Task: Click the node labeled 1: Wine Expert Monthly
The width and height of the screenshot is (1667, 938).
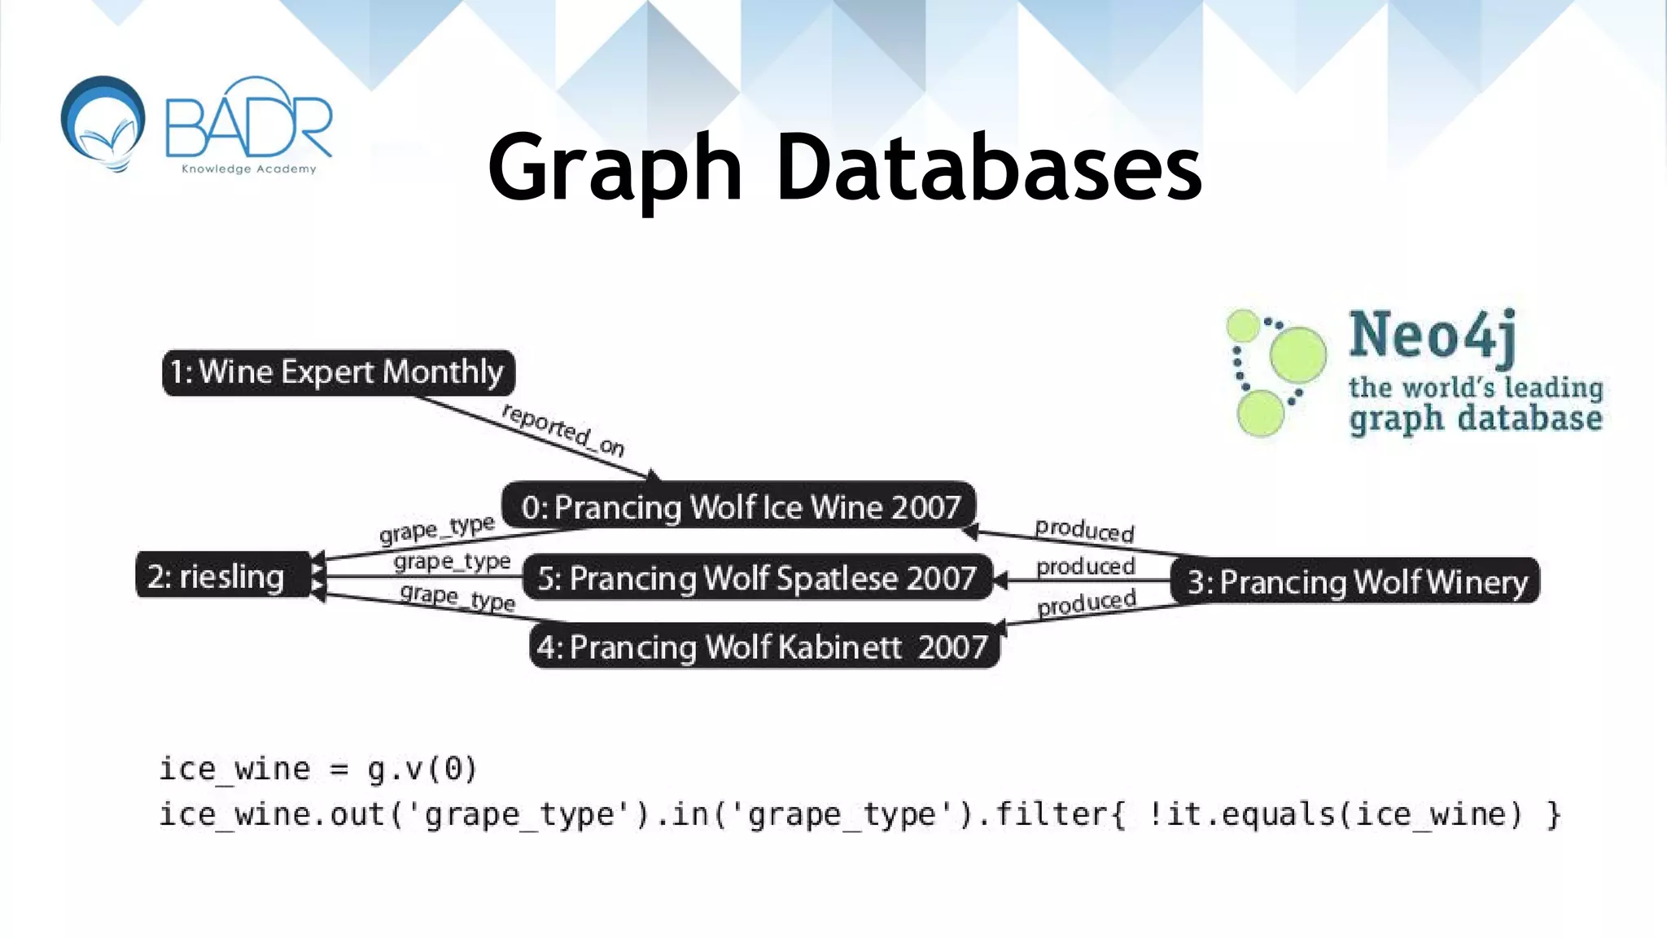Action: tap(338, 373)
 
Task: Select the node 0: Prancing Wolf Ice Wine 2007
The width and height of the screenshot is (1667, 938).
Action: tap(739, 506)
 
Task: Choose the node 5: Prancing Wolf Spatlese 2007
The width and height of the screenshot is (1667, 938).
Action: tap(756, 578)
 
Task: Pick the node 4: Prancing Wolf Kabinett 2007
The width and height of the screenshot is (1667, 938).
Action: tap(763, 647)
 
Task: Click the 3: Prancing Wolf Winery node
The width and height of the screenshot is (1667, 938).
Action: tap(1355, 581)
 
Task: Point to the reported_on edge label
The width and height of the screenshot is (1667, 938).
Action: tap(563, 429)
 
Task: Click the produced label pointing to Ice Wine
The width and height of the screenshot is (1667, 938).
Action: tap(1084, 530)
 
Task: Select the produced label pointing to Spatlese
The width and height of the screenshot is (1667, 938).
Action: tap(1085, 566)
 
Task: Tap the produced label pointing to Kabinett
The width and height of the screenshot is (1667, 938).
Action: tap(1086, 603)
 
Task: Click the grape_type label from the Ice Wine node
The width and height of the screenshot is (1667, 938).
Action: tap(437, 528)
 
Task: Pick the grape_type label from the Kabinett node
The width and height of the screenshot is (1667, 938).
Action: tap(457, 597)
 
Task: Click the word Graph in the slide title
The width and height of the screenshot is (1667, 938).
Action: tap(615, 169)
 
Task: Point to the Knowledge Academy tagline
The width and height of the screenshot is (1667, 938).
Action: tap(248, 169)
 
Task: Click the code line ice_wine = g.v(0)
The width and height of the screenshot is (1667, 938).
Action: tap(317, 769)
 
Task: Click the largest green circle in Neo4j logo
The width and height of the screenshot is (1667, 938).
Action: tap(1297, 355)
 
